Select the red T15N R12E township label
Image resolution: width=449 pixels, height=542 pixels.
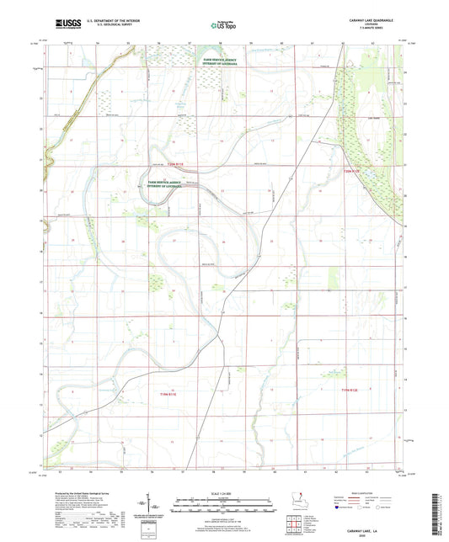click(356, 173)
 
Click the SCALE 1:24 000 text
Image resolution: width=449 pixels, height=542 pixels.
click(223, 493)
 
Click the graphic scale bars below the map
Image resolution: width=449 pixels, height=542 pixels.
click(223, 507)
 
